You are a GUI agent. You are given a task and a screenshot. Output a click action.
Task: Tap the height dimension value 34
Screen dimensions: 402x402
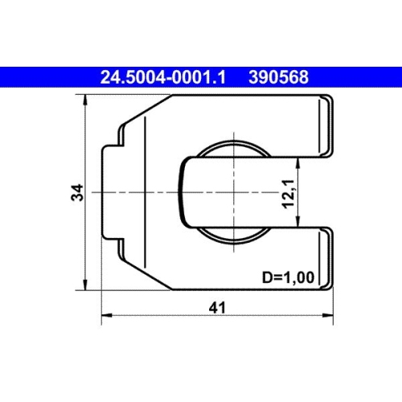point(76,192)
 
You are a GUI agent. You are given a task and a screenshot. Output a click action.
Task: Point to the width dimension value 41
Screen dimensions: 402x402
point(216,307)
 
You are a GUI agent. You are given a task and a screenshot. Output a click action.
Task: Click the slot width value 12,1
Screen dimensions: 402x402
point(287,193)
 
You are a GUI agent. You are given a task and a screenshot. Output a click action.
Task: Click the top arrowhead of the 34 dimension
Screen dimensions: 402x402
point(86,99)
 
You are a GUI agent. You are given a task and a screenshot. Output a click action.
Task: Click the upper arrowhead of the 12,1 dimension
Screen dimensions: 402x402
point(300,161)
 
